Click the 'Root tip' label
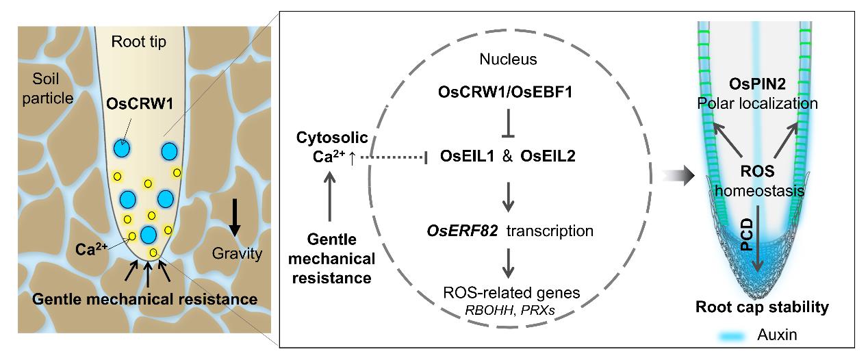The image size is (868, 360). pos(140,42)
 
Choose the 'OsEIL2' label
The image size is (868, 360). pos(547,157)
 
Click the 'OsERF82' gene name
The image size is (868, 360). pos(463,231)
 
